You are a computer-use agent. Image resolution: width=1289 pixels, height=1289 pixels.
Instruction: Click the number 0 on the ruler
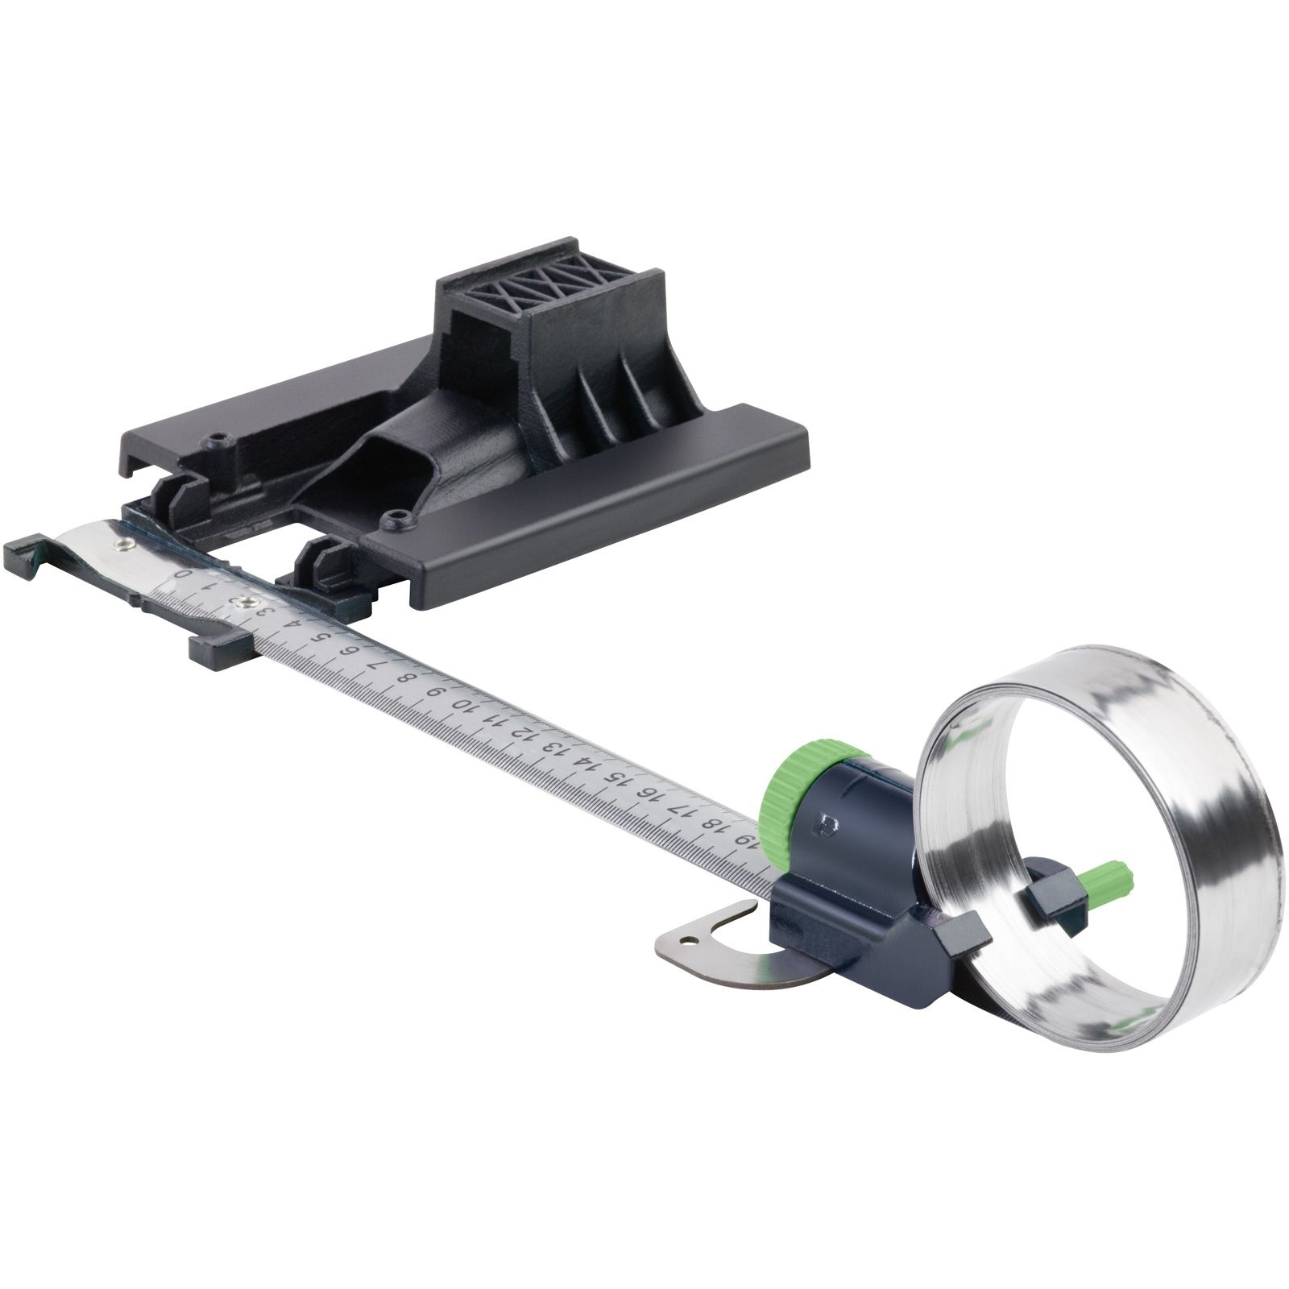[184, 574]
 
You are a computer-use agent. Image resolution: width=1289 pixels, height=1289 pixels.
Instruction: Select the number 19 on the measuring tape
[746, 841]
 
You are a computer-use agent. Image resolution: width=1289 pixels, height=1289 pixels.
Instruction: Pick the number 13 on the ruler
[554, 748]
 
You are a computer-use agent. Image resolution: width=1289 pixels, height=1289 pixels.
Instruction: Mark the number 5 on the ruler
[323, 637]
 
